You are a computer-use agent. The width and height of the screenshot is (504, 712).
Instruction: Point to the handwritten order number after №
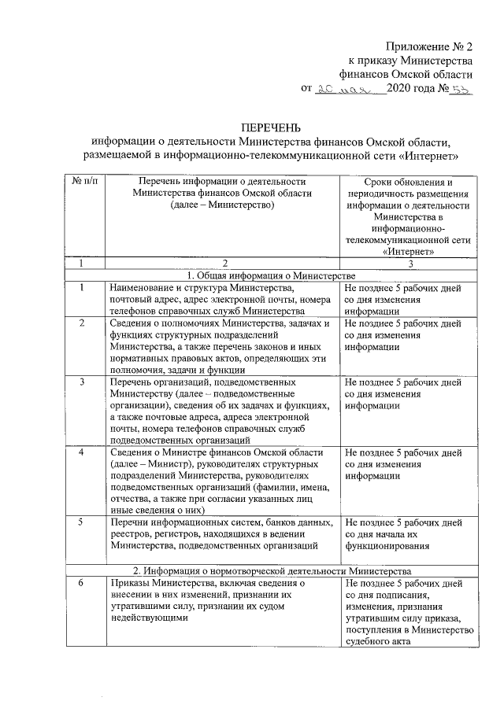[458, 90]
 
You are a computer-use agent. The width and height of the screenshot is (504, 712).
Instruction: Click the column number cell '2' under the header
[224, 263]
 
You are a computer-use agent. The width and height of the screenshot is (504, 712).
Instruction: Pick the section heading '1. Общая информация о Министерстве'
[270, 275]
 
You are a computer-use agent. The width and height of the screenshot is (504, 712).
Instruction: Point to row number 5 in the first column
[82, 522]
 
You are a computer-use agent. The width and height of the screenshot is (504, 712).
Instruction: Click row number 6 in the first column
[82, 583]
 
